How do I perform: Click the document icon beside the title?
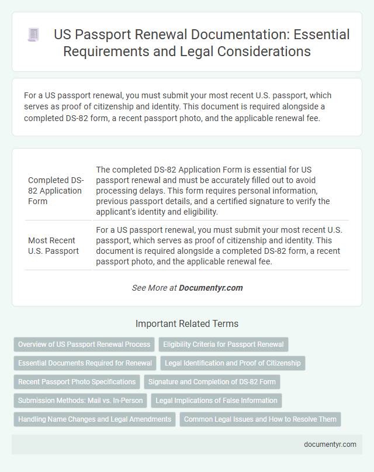[33, 35]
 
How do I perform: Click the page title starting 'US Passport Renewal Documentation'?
[201, 43]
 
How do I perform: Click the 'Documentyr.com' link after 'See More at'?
[210, 288]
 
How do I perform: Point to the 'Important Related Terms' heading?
[186, 323]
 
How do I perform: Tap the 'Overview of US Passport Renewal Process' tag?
[84, 344]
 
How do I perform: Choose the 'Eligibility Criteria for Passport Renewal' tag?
[223, 344]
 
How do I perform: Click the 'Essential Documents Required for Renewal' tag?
[85, 363]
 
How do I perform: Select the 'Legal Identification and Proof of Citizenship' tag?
[233, 363]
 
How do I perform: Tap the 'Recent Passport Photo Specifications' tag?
[77, 382]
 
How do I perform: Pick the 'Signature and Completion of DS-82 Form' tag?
[213, 382]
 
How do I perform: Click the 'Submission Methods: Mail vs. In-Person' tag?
[80, 401]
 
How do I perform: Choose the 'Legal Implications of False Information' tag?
[217, 401]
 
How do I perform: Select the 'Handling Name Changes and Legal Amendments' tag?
[95, 419]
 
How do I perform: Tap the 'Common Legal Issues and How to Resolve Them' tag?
[261, 419]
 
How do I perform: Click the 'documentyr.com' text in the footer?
[330, 444]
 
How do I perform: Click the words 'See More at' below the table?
[154, 288]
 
